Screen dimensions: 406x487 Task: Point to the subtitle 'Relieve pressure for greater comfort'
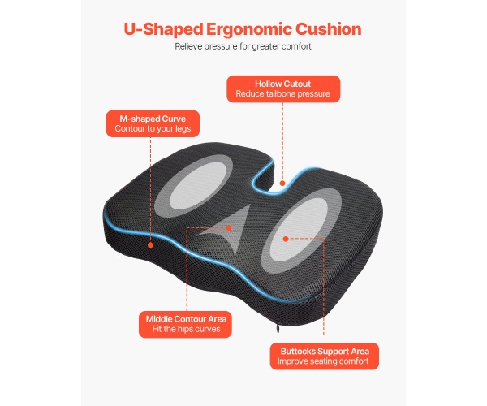click(243, 46)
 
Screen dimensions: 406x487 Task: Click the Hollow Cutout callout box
click(282, 89)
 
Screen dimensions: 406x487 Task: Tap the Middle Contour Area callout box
click(186, 324)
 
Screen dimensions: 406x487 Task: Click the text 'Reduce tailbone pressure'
click(282, 94)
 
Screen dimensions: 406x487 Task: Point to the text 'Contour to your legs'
click(153, 130)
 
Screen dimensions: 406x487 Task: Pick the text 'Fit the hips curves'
click(186, 330)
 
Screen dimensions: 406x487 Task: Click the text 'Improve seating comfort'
click(325, 362)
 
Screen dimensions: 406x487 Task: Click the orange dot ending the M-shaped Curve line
click(151, 243)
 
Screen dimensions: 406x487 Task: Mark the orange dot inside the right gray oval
click(286, 239)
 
